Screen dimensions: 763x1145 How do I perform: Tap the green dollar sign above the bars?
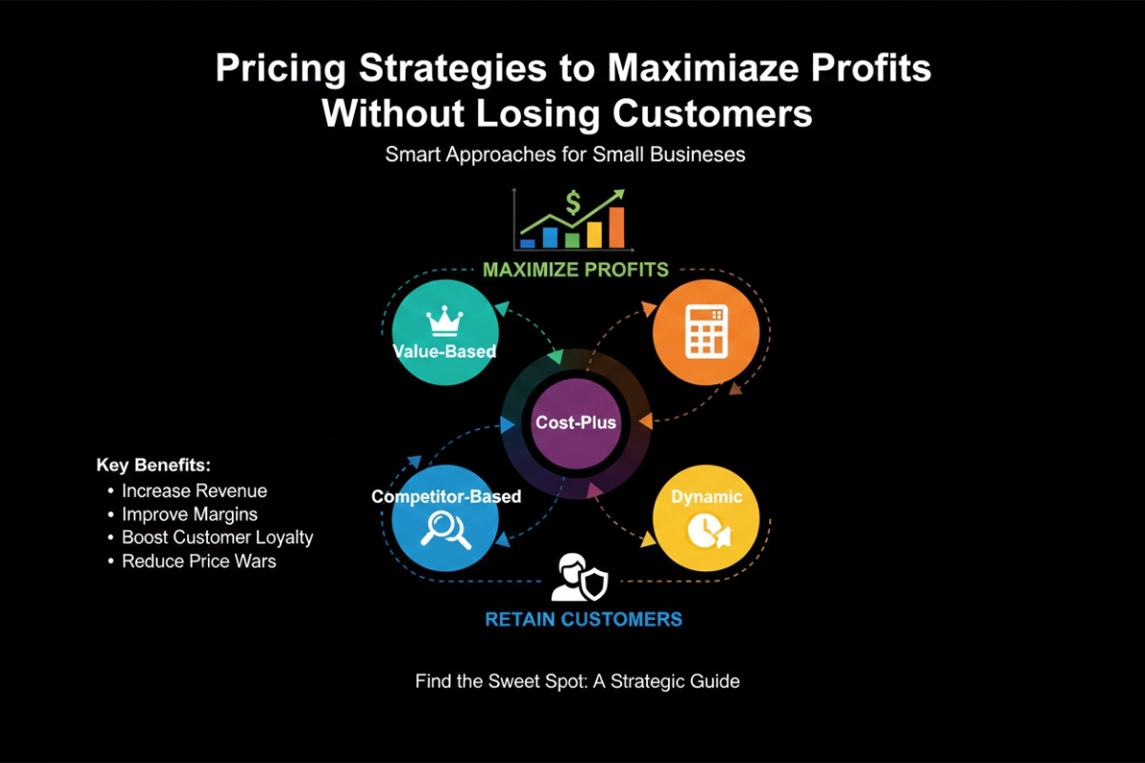click(572, 202)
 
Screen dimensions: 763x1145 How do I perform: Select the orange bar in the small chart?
click(616, 227)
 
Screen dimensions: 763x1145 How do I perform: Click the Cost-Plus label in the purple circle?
click(575, 423)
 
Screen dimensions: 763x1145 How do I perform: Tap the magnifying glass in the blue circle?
click(446, 529)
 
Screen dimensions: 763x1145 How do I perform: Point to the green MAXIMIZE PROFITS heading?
click(575, 270)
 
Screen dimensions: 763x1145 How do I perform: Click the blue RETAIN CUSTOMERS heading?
click(583, 619)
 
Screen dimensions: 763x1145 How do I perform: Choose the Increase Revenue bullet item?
click(194, 491)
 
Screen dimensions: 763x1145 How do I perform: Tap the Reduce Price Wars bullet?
click(198, 562)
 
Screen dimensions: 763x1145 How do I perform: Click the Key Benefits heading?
click(153, 465)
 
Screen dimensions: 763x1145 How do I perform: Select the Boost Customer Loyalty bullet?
click(217, 538)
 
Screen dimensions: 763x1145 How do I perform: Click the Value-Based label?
click(445, 351)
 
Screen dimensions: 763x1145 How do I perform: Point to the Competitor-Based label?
click(446, 497)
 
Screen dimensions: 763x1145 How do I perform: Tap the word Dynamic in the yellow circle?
click(706, 497)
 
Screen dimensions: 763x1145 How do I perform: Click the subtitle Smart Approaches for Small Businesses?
click(565, 154)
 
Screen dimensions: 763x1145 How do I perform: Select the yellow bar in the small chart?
click(594, 235)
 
